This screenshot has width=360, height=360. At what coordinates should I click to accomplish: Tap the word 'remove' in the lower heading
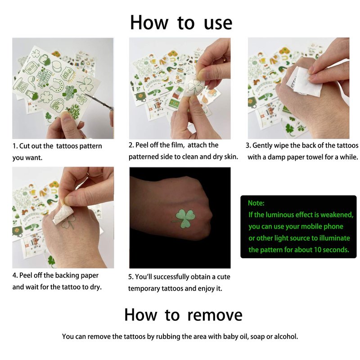pos(215,315)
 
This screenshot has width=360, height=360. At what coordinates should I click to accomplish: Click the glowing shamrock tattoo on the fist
pos(185,218)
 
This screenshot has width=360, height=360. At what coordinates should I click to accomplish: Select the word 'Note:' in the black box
pos(256,203)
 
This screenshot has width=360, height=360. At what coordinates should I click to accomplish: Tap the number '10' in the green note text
pos(318,250)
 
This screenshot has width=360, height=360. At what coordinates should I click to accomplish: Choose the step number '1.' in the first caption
pos(15,146)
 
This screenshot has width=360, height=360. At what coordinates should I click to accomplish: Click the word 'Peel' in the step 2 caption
pos(141,145)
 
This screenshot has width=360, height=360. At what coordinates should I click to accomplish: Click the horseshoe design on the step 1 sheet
pos(56,84)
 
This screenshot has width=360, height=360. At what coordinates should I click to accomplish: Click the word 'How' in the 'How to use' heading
pos(149,23)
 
